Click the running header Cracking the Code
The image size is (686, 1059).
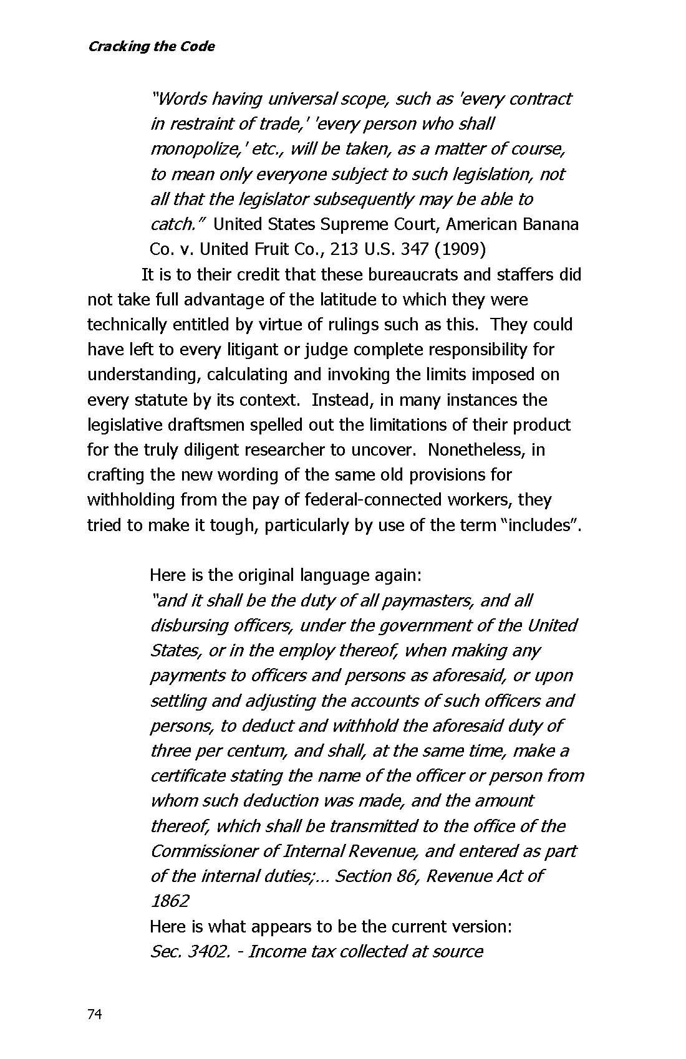pyautogui.click(x=152, y=47)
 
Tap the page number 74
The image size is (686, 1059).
pyautogui.click(x=94, y=1014)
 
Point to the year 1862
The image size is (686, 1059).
pyautogui.click(x=169, y=901)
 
